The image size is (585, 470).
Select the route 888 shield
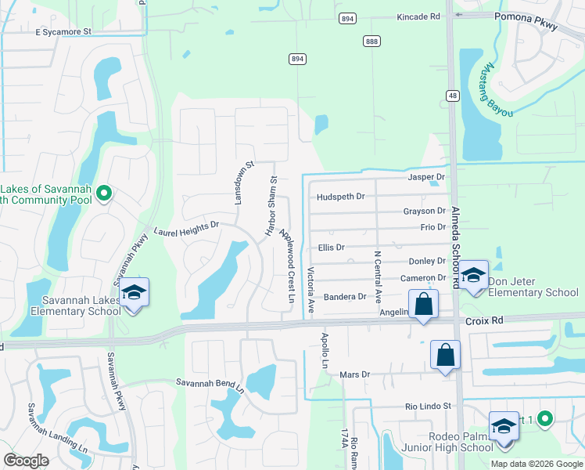[371, 40]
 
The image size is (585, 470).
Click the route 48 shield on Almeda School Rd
[452, 94]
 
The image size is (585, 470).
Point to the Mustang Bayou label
[498, 90]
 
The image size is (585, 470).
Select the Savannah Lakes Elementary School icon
[134, 294]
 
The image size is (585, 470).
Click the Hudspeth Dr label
[340, 197]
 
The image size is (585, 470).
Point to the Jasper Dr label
[426, 178]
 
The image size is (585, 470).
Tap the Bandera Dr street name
[345, 297]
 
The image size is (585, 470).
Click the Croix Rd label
[483, 321]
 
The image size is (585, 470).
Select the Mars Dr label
[354, 374]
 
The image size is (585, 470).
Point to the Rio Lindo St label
[429, 406]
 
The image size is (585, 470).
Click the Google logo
[27, 461]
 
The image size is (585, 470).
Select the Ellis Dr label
[331, 247]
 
